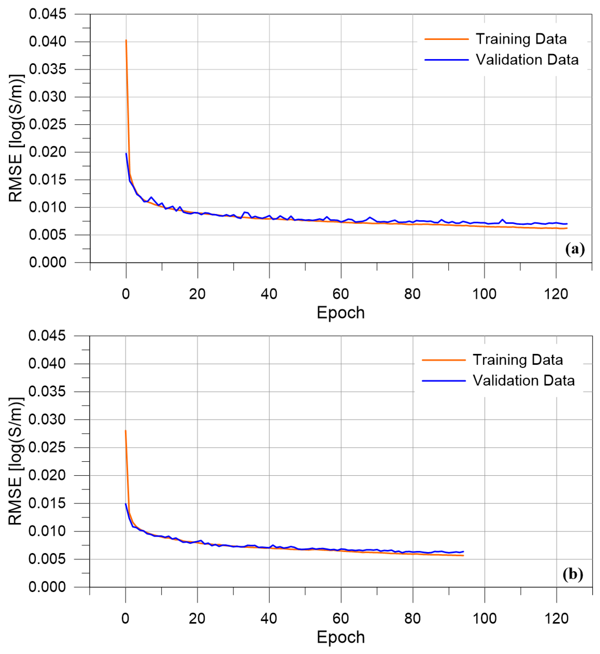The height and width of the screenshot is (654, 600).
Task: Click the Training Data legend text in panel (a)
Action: tap(521, 39)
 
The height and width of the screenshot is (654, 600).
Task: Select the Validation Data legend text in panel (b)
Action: tap(523, 380)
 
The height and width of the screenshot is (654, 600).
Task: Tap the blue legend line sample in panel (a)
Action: tap(446, 60)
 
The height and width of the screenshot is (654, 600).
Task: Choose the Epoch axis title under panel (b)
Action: tap(341, 637)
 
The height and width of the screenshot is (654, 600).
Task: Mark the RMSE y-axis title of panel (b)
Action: tap(15, 461)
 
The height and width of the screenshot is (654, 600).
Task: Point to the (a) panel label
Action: tap(575, 249)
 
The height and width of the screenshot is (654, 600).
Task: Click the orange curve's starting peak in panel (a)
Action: tap(126, 40)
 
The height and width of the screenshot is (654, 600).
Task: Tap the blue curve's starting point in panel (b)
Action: tap(126, 504)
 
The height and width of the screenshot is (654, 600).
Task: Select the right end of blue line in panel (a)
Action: tap(567, 224)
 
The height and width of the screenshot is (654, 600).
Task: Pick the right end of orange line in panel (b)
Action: tap(463, 556)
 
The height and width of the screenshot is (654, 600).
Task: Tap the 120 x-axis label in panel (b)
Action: tap(556, 619)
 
